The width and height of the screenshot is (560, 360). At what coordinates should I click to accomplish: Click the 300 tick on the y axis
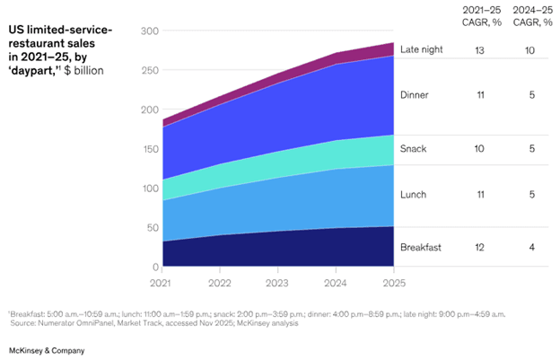click(x=149, y=31)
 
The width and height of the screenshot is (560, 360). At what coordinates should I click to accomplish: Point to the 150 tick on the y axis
click(x=149, y=149)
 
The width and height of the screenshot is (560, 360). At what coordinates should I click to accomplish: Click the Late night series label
click(x=423, y=50)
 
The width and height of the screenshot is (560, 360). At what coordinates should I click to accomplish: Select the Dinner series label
click(x=415, y=93)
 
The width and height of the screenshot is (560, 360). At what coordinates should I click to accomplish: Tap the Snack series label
click(x=413, y=148)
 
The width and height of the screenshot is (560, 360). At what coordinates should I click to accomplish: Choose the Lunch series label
click(x=414, y=194)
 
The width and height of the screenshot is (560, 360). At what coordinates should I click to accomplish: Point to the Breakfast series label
click(x=420, y=246)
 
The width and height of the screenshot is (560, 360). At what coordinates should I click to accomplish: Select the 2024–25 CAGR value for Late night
click(x=531, y=51)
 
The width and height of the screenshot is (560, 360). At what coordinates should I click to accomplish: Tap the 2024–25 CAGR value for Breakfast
click(x=531, y=246)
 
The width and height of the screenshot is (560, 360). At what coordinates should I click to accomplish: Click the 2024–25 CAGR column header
click(x=531, y=16)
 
